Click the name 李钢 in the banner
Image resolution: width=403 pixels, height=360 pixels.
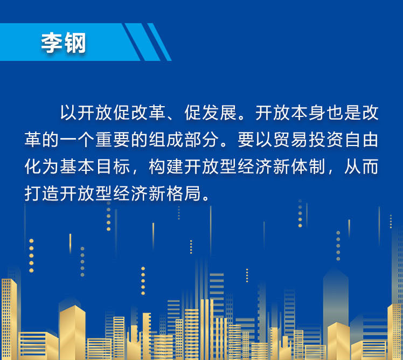coord(63,43)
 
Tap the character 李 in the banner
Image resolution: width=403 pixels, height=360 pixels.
coord(52,43)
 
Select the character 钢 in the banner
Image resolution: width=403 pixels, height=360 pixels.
coord(75,43)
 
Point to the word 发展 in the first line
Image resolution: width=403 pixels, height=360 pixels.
coord(219,113)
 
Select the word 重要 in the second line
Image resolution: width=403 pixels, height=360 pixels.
coord(113,140)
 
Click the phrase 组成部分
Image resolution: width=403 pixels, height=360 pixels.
coord(184,140)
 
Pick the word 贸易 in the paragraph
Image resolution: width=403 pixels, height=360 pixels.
coord(290,140)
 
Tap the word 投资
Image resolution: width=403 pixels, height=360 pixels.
coord(326,140)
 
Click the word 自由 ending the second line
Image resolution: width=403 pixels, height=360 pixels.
coord(362,140)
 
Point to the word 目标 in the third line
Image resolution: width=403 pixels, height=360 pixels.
coord(113,167)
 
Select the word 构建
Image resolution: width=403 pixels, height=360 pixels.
coord(166,167)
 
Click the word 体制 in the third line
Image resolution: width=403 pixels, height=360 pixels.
coord(308,167)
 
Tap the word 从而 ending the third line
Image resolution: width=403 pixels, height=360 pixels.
coord(362,167)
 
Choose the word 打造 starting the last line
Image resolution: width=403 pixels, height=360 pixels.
coord(41,193)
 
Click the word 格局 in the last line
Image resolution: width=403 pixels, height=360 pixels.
coord(184,193)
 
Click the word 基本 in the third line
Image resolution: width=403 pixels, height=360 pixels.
coord(77,167)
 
